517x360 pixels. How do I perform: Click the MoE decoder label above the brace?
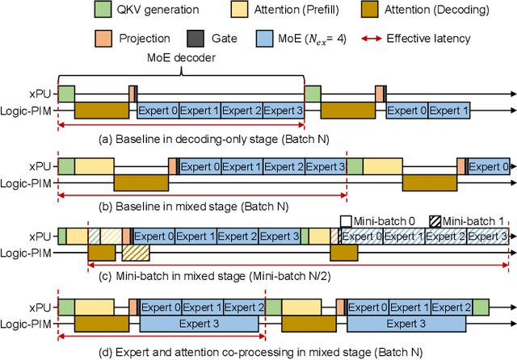coord(181,58)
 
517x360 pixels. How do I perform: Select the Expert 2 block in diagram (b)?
coord(283,167)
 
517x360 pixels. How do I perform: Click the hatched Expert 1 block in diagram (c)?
coord(404,237)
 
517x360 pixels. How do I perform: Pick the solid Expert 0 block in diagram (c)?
coord(153,237)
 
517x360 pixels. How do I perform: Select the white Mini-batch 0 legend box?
coord(344,220)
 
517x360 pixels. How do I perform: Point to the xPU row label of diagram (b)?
coord(39,166)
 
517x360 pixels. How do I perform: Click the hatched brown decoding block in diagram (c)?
coord(137,253)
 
